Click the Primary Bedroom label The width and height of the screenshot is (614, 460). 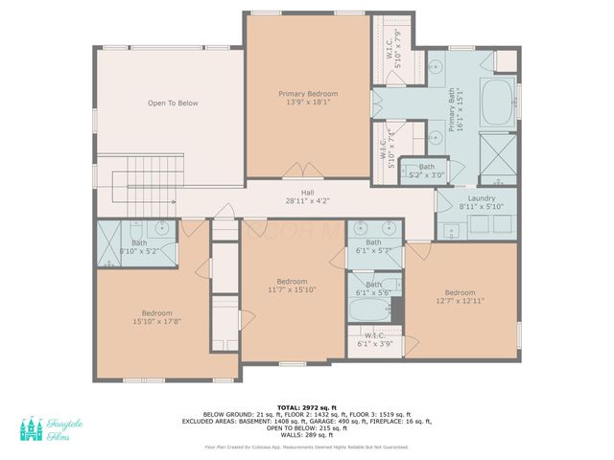click(x=308, y=99)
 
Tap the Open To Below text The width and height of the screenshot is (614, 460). click(x=173, y=103)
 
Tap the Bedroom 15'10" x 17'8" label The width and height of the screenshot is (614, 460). click(x=156, y=317)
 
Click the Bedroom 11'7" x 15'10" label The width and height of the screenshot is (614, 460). click(x=292, y=286)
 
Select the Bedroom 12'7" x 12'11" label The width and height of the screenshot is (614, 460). click(x=460, y=296)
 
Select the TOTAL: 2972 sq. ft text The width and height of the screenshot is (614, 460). click(x=306, y=406)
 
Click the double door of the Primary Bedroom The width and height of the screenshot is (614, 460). click(x=299, y=173)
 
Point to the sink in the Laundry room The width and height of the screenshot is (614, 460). click(x=449, y=229)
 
